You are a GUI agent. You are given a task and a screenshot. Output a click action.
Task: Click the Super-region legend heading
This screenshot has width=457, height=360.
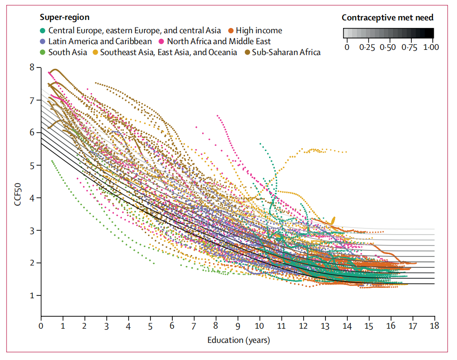(x=65, y=18)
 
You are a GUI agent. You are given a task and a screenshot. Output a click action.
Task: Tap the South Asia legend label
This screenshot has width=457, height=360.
(x=67, y=52)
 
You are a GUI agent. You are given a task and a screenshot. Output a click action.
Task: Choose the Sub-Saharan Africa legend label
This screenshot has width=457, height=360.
(x=286, y=52)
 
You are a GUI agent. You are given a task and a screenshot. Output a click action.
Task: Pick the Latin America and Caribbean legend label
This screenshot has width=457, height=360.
(x=100, y=41)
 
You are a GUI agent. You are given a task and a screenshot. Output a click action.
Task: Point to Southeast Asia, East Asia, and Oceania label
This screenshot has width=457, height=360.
(x=168, y=52)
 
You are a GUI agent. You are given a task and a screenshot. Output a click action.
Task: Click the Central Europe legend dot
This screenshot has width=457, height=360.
(x=43, y=30)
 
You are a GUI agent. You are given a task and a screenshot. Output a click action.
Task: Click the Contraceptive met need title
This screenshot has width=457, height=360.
(x=387, y=18)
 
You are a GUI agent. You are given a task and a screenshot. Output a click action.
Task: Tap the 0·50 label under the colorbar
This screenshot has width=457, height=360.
(x=388, y=47)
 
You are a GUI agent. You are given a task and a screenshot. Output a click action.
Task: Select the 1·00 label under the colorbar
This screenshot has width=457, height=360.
(x=431, y=47)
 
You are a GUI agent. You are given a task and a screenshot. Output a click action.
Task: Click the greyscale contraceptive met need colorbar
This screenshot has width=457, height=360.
(x=388, y=33)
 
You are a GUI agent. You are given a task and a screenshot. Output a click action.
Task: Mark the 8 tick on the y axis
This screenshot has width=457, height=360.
(x=32, y=67)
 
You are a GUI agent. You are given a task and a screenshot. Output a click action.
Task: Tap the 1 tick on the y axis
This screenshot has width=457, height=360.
(x=32, y=295)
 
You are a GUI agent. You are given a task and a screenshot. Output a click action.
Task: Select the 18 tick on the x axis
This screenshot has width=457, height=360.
(x=434, y=326)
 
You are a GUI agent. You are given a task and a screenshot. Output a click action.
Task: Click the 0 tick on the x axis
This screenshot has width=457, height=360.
(x=41, y=326)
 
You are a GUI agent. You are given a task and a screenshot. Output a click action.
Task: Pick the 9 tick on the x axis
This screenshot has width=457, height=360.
(x=238, y=326)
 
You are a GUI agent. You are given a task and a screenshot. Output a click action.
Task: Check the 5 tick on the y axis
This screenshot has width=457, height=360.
(x=32, y=165)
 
